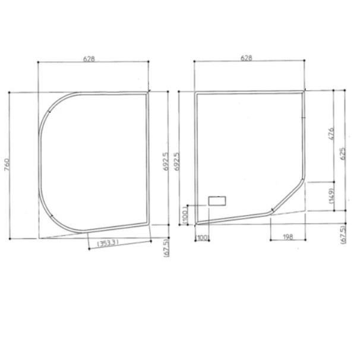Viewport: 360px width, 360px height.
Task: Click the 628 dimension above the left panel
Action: [89, 59]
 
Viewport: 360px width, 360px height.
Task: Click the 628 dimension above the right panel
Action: [246, 58]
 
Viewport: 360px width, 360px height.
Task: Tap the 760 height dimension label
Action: [7, 165]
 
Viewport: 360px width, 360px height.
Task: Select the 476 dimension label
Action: [331, 134]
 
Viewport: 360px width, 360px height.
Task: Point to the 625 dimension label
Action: [342, 154]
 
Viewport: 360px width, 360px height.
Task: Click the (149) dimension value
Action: [331, 195]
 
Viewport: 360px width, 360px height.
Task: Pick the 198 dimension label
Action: [288, 236]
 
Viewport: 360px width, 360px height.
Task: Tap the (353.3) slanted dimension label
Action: [108, 243]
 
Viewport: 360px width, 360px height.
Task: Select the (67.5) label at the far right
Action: [344, 235]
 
